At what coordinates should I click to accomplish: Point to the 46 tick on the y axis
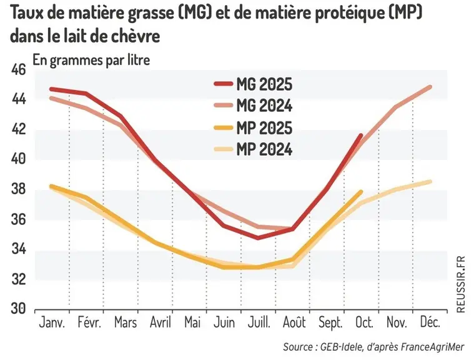click(19, 70)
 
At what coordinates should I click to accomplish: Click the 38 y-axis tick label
click(19, 189)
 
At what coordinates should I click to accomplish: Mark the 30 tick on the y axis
click(19, 309)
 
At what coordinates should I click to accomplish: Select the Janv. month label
click(52, 322)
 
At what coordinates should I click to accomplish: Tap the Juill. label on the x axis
click(259, 322)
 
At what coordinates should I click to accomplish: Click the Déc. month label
click(430, 322)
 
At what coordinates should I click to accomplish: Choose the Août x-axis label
click(294, 322)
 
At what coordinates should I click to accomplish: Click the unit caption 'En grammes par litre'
click(91, 60)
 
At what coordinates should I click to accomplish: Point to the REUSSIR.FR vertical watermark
click(461, 284)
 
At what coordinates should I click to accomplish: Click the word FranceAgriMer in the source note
click(432, 347)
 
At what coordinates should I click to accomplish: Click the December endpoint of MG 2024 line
click(430, 87)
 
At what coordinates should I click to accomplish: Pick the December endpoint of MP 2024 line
click(430, 181)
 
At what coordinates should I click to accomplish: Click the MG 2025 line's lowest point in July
click(258, 237)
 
